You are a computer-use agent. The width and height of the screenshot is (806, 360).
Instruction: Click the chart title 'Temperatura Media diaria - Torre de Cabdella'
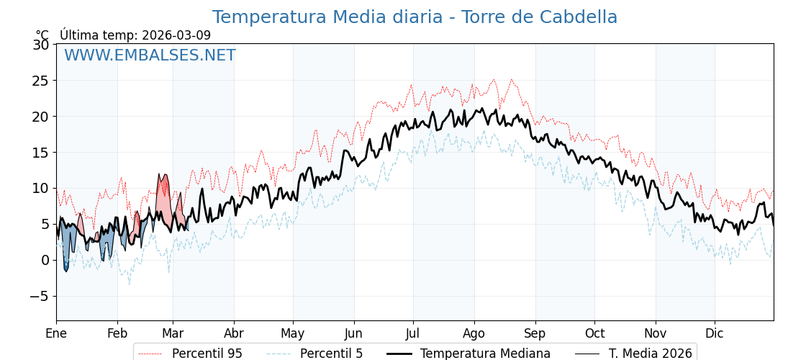pyautogui.click(x=415, y=17)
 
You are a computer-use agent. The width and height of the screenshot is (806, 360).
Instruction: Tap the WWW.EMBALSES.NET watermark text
pyautogui.click(x=150, y=55)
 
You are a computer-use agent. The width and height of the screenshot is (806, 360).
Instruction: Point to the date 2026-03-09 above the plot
pyautogui.click(x=176, y=35)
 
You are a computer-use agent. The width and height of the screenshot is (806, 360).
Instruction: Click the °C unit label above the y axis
pyautogui.click(x=42, y=35)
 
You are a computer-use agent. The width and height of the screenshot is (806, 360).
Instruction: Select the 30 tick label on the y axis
pyautogui.click(x=41, y=45)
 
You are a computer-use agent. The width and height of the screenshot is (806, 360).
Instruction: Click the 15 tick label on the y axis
pyautogui.click(x=41, y=153)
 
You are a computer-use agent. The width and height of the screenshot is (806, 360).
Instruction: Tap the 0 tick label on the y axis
pyautogui.click(x=45, y=260)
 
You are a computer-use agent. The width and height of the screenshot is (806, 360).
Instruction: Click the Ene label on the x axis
pyautogui.click(x=56, y=333)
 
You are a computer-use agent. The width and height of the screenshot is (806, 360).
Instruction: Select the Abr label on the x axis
pyautogui.click(x=234, y=333)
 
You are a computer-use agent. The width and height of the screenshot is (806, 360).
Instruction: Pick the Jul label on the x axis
pyautogui.click(x=413, y=333)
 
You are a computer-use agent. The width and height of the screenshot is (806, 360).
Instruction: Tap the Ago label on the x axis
pyautogui.click(x=474, y=333)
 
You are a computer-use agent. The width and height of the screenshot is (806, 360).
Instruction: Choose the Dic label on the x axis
pyautogui.click(x=715, y=333)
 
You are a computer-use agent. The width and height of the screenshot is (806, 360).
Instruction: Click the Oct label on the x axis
pyautogui.click(x=594, y=333)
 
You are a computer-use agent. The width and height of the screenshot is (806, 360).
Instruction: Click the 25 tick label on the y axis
pyautogui.click(x=41, y=81)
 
